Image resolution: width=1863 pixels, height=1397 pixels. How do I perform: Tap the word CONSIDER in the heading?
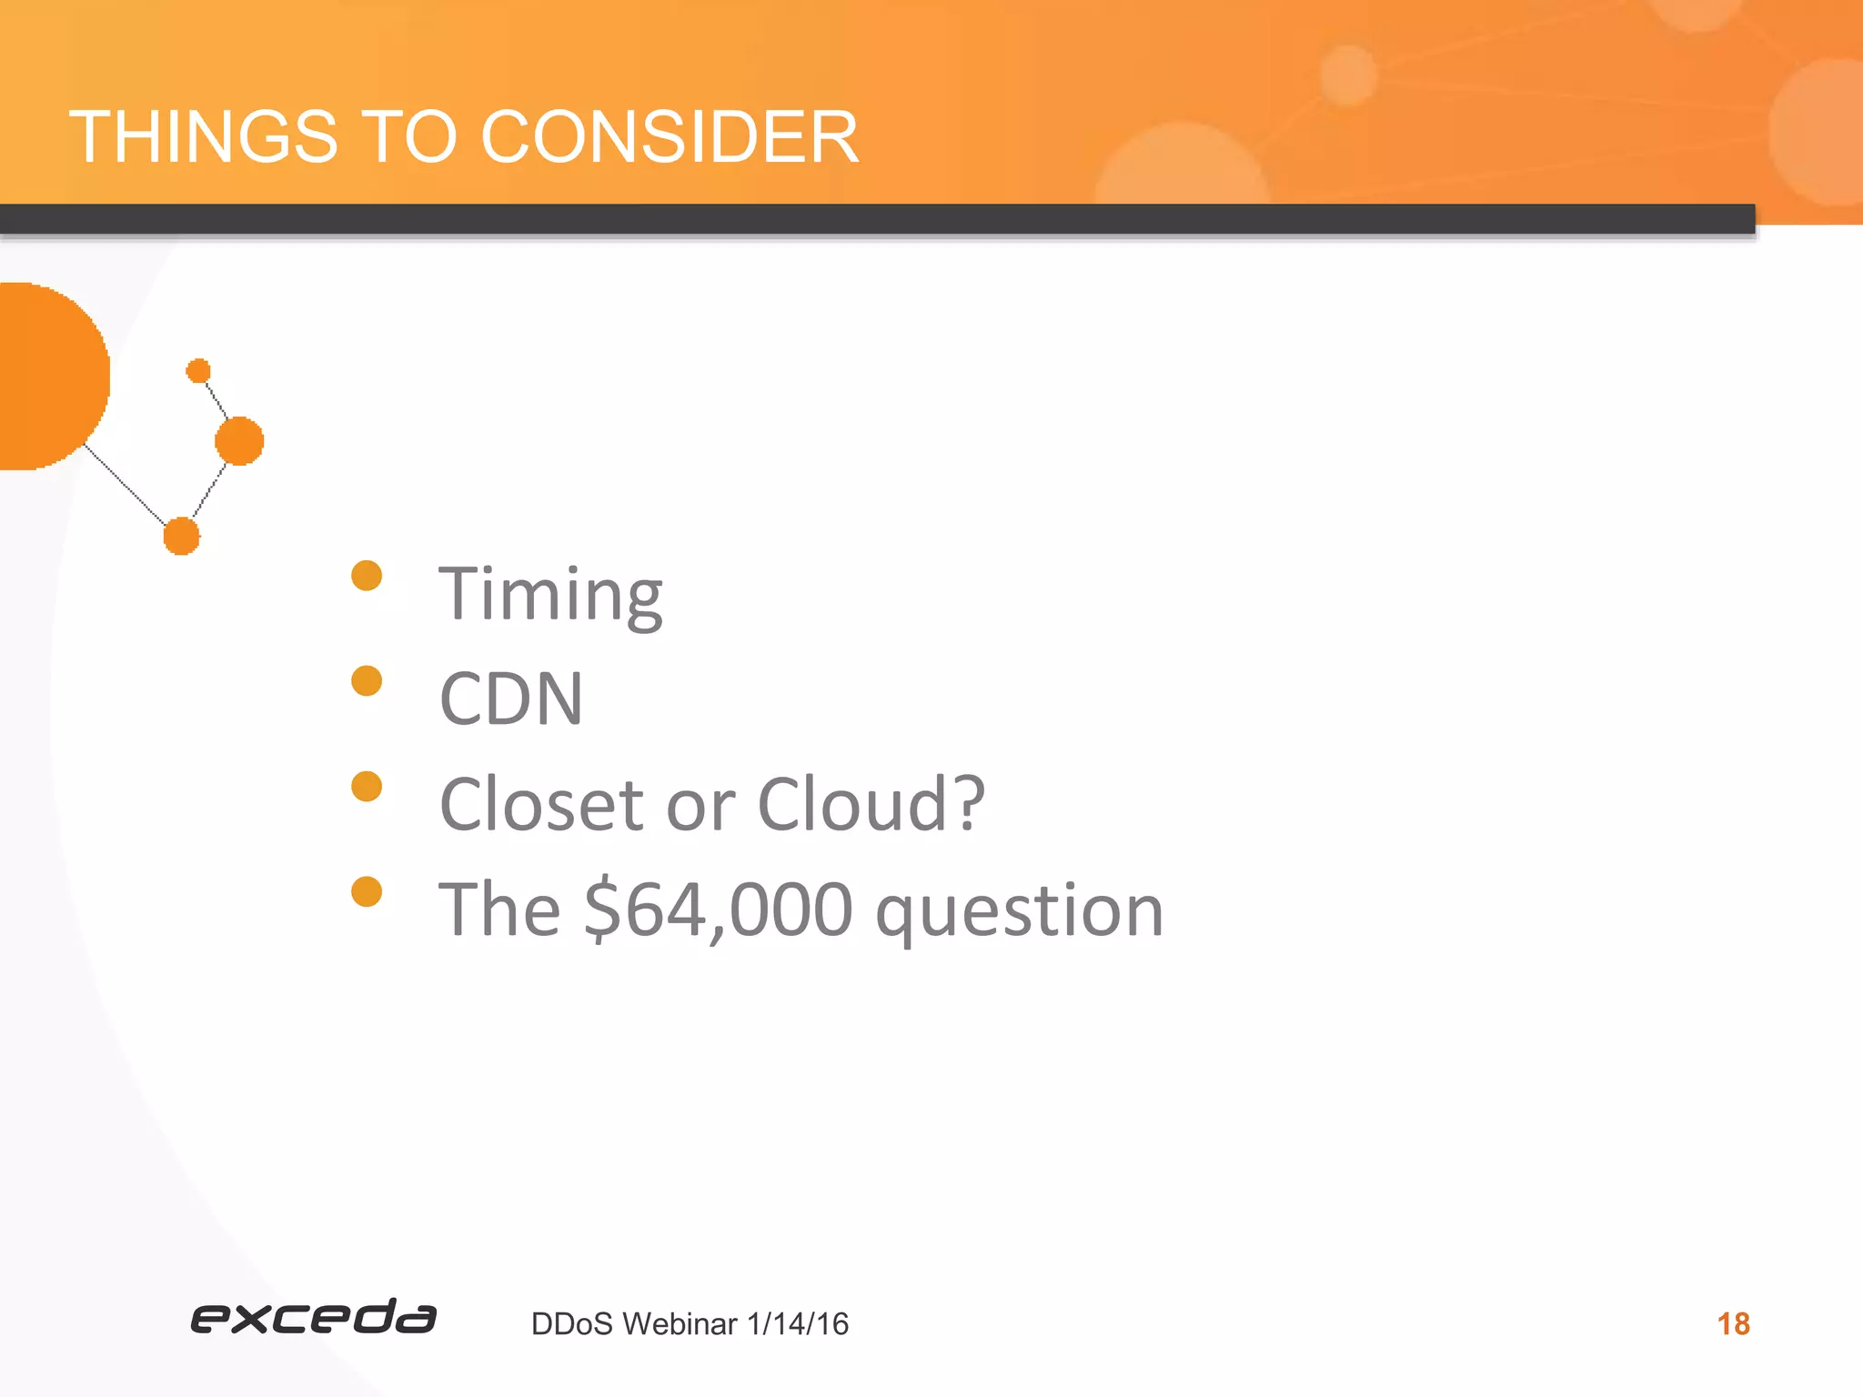(669, 136)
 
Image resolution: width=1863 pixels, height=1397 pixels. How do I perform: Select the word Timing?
(550, 595)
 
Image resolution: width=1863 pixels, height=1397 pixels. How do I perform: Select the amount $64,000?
(718, 910)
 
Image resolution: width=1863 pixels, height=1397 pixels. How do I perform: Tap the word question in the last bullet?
(1019, 911)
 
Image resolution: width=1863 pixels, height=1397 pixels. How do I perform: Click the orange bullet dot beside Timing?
(367, 576)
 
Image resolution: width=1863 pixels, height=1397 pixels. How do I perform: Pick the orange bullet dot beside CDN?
(367, 680)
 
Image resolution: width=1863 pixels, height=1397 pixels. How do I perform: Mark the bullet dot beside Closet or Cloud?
(367, 786)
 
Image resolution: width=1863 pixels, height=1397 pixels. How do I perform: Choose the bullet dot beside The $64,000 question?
(367, 891)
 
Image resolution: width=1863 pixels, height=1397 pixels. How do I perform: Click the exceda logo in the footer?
(313, 1318)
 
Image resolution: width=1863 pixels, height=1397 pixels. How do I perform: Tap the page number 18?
(1733, 1323)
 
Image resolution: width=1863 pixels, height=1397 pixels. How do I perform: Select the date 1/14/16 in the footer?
(797, 1323)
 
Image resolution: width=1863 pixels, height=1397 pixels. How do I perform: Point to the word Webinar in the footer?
(680, 1323)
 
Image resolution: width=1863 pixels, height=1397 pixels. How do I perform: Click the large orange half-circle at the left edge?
(45, 376)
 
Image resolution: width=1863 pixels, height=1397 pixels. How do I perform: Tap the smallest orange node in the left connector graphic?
(198, 371)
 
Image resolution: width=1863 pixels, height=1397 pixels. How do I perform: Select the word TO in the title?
(408, 136)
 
